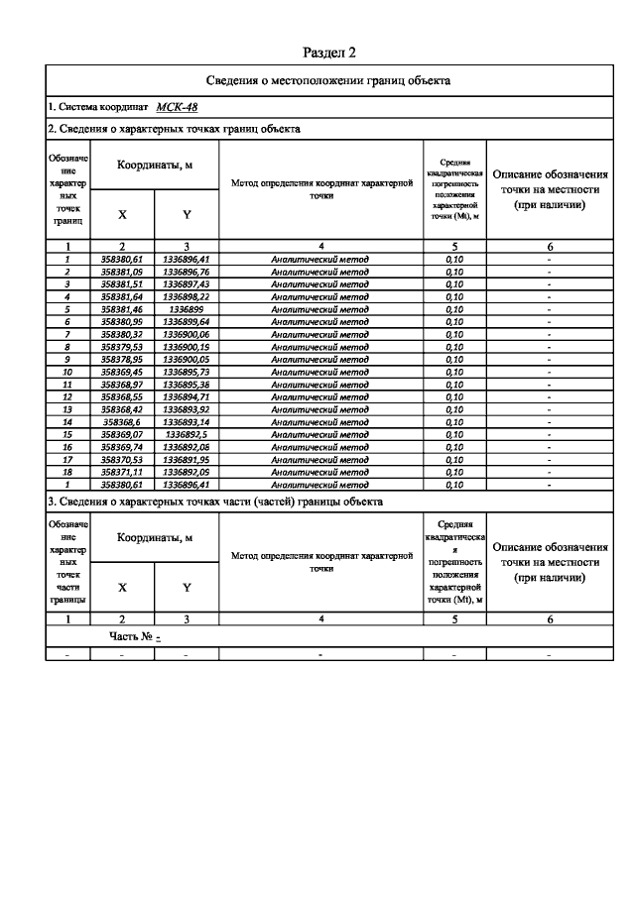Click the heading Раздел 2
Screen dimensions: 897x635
[x=327, y=52]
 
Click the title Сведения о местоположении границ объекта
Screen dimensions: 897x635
[x=327, y=81]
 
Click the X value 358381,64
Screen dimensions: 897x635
[x=122, y=295]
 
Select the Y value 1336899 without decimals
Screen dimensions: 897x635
[x=187, y=308]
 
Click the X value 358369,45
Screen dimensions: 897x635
[x=122, y=372]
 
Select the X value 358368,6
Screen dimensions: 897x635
[x=123, y=422]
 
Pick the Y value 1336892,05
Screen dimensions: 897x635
[x=187, y=473]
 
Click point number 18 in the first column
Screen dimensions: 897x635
[x=67, y=473]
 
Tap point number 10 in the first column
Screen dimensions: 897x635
[x=67, y=372]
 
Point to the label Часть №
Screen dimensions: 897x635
[x=131, y=638]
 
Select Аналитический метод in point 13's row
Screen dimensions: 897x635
[x=320, y=409]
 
